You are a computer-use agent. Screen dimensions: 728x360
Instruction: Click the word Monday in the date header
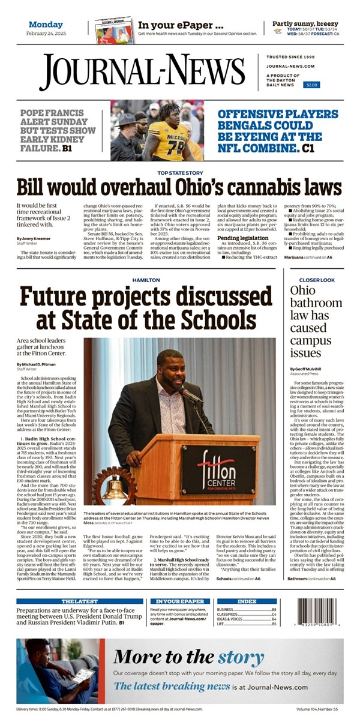click(x=46, y=25)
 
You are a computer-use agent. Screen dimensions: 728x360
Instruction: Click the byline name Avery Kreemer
click(x=33, y=238)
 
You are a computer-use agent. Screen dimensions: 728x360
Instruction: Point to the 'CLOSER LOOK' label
click(x=317, y=280)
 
